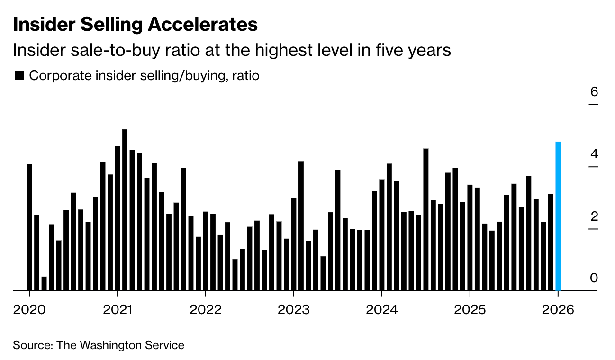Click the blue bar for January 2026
coord(558,216)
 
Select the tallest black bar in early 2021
coord(125,210)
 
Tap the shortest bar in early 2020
coord(44,283)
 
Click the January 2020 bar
coord(29,227)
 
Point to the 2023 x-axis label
coord(294,310)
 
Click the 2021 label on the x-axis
coord(118,310)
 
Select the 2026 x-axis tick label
coord(558,310)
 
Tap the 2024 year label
coord(382,310)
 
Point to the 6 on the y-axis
coord(594,92)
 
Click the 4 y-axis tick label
coord(594,154)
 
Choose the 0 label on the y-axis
coord(594,278)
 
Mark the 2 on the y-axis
coord(594,216)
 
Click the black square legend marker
coord(19,75)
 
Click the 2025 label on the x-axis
coord(470,310)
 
